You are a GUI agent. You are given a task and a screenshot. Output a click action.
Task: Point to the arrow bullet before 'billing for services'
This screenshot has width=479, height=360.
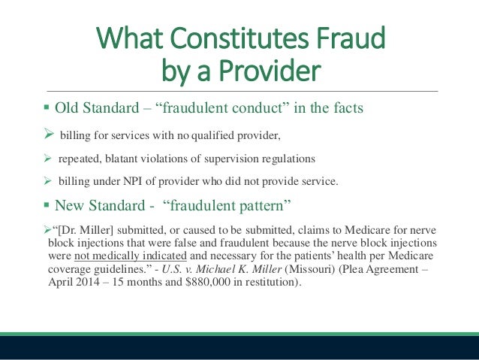pyautogui.click(x=50, y=134)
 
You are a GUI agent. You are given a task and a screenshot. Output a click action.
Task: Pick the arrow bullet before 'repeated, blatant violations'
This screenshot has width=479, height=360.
pyautogui.click(x=50, y=159)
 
